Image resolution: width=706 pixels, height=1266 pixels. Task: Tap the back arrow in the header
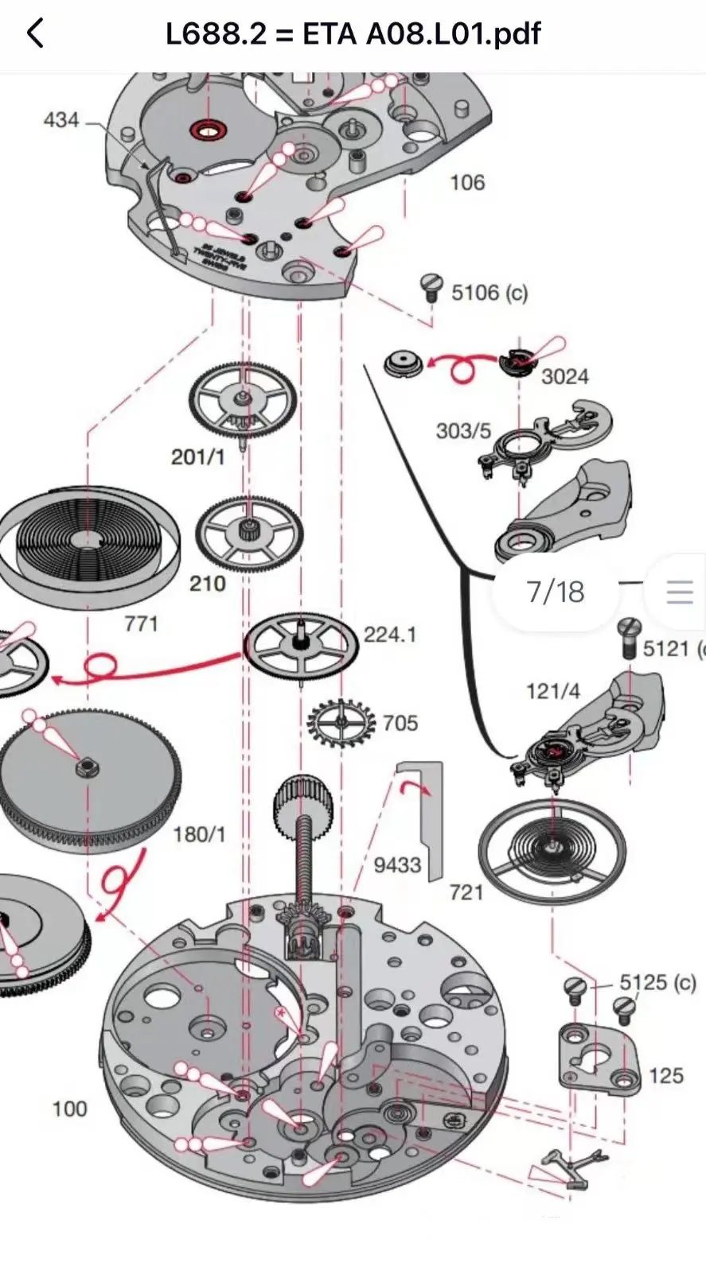click(x=35, y=33)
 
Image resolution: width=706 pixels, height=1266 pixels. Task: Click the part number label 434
click(x=61, y=120)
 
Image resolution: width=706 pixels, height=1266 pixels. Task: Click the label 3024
click(x=564, y=376)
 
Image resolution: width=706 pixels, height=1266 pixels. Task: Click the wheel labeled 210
click(x=250, y=533)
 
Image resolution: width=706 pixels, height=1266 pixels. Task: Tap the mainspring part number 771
click(x=141, y=623)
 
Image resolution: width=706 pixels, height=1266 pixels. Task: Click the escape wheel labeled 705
click(x=341, y=722)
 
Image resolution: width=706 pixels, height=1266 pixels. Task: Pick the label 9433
click(x=397, y=864)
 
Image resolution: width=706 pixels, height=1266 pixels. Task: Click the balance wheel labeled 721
click(x=552, y=849)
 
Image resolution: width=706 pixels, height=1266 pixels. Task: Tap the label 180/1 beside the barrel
click(x=199, y=834)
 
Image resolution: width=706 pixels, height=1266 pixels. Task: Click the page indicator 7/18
click(x=555, y=592)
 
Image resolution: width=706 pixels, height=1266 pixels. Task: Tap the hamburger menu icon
click(x=680, y=592)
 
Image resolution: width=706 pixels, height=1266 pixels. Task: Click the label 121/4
click(x=552, y=690)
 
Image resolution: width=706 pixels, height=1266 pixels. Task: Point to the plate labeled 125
click(x=599, y=1057)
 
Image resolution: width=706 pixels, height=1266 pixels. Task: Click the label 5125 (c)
click(x=657, y=982)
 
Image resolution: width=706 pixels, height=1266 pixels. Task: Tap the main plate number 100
click(x=69, y=1109)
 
